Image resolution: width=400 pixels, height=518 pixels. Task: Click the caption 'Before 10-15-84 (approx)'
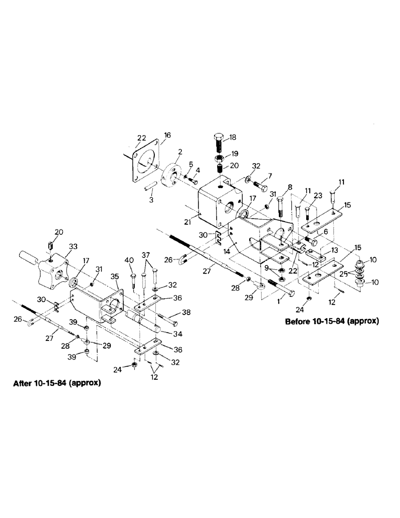(332, 321)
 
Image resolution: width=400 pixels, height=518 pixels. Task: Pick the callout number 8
(289, 188)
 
